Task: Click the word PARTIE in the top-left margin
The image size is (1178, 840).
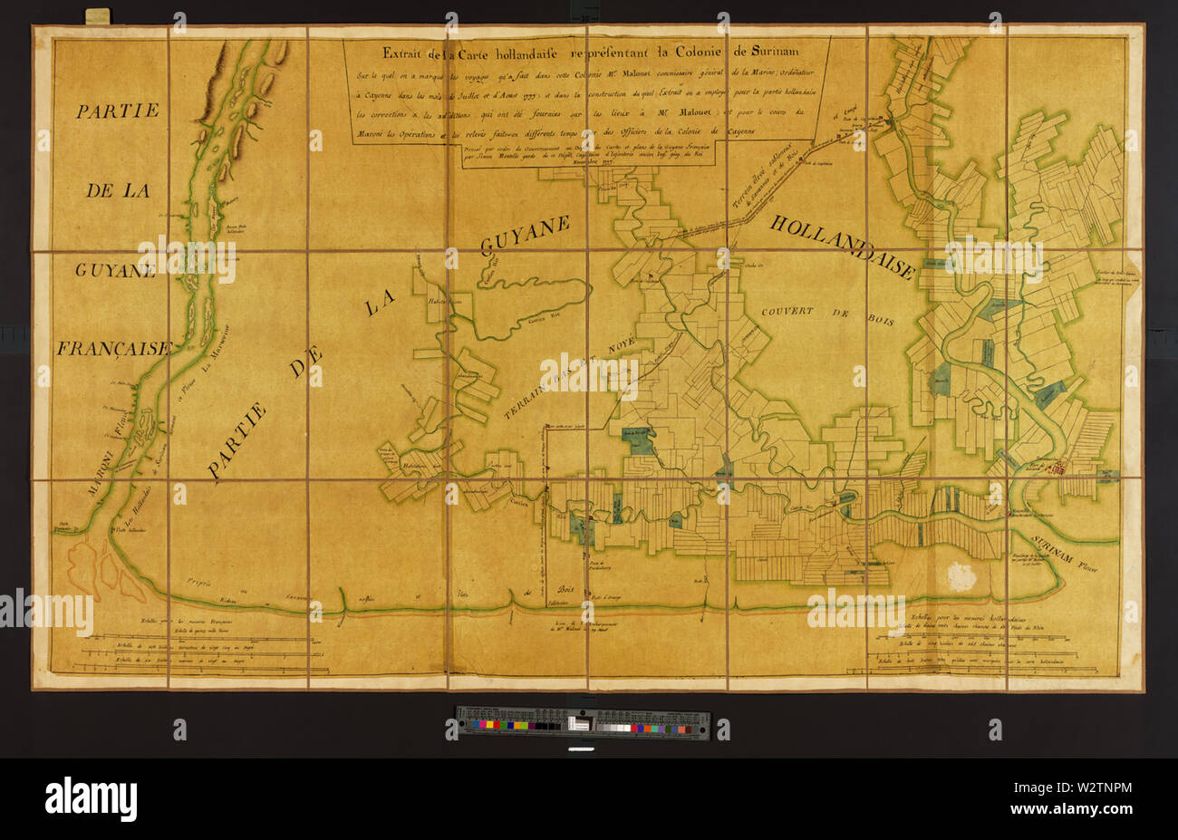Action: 117,111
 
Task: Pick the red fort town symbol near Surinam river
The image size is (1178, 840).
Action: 1057,468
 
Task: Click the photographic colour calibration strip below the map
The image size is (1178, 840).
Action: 584,721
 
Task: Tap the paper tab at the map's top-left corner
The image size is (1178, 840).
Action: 96,15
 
